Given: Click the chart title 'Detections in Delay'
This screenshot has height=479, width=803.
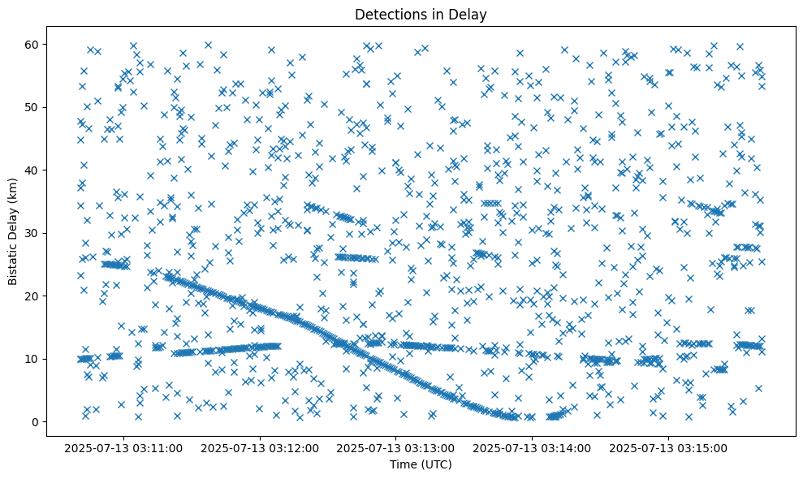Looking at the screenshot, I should click(x=421, y=15).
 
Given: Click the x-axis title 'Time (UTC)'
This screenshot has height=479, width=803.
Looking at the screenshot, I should click(x=421, y=465).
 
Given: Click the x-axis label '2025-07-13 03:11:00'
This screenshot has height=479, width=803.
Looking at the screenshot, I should click(x=125, y=447).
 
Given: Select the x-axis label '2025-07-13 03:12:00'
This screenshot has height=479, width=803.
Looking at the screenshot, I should click(x=261, y=447).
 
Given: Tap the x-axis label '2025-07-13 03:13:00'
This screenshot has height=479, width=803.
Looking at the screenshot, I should click(x=397, y=447).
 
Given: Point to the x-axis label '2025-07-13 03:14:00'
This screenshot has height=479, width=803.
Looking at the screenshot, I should click(x=533, y=447).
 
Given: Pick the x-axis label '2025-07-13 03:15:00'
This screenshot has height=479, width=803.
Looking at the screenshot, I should click(x=669, y=447).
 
